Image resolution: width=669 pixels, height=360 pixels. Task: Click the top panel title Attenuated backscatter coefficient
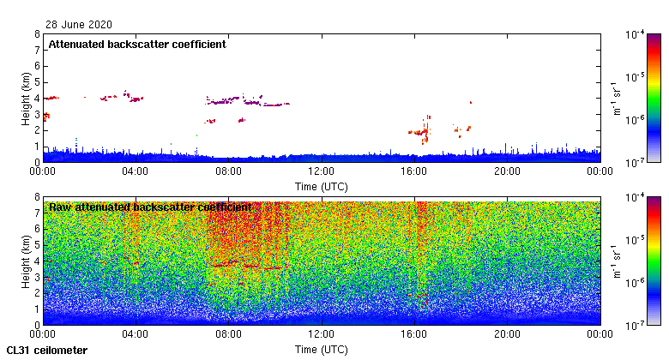click(x=137, y=45)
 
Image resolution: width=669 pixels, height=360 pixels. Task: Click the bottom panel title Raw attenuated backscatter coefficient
click(x=150, y=207)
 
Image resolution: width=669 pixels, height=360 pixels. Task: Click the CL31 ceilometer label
click(x=47, y=351)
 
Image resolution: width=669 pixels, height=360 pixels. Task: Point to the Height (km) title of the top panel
click(x=27, y=98)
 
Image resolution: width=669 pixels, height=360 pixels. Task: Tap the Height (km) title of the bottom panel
click(x=27, y=261)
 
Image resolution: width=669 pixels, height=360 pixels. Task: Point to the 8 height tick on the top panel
click(x=36, y=35)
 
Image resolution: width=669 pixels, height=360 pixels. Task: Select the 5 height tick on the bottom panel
click(x=36, y=245)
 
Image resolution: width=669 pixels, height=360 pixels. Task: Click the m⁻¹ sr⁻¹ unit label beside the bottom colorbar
click(x=617, y=261)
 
